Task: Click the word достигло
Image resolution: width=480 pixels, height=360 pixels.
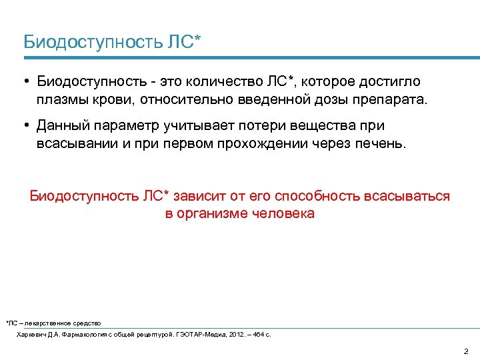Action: click(x=391, y=82)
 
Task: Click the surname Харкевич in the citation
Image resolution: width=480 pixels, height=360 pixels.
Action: click(x=30, y=333)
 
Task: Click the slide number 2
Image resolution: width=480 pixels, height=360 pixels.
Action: click(x=465, y=351)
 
